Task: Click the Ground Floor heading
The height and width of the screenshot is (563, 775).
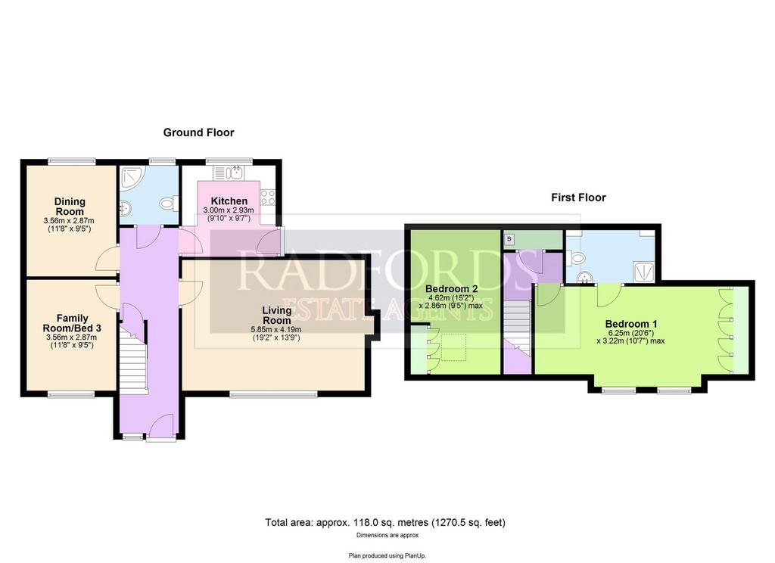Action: click(198, 132)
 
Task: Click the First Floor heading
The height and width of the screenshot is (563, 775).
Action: click(578, 198)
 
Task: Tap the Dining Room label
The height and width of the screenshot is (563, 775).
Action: click(70, 206)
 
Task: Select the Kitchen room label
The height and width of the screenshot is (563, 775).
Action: click(229, 201)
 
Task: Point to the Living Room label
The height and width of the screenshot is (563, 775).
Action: click(277, 315)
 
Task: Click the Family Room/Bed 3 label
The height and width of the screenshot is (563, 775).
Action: click(72, 323)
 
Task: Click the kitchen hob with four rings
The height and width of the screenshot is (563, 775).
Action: click(268, 198)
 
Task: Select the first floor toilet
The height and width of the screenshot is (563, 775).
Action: click(575, 257)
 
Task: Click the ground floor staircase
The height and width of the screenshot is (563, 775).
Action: click(133, 356)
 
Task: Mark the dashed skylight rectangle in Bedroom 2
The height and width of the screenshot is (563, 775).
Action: click(453, 347)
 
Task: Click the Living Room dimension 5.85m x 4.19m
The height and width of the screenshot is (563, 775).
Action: click(276, 330)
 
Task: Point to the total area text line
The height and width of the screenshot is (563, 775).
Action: click(385, 522)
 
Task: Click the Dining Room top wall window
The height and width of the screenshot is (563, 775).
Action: click(72, 160)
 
